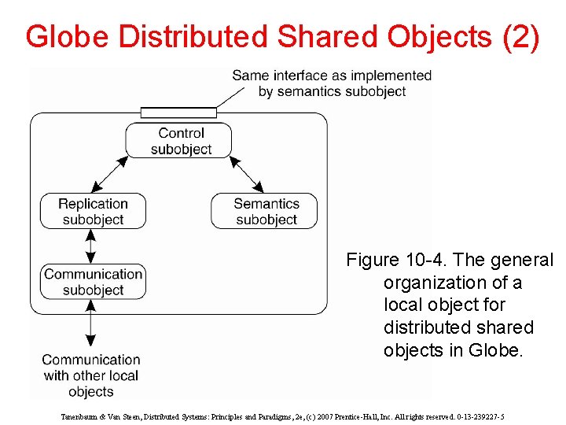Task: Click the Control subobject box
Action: coord(179,141)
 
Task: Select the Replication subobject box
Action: coord(93,212)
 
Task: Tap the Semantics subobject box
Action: coord(266,212)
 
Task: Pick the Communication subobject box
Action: coord(93,282)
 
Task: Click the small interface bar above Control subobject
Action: coord(178,113)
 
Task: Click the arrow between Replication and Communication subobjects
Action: coord(91,246)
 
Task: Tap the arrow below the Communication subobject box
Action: coord(91,323)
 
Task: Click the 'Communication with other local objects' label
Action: coord(91,375)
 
